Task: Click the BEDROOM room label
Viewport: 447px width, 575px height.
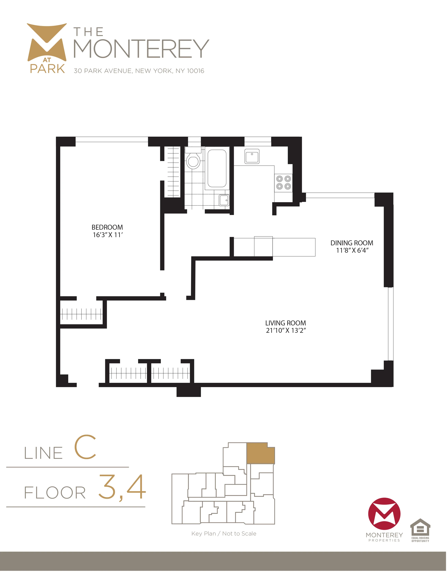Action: pyautogui.click(x=107, y=227)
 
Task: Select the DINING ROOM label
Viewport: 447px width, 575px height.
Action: pyautogui.click(x=352, y=243)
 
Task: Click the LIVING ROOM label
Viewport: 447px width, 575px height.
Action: pyautogui.click(x=285, y=323)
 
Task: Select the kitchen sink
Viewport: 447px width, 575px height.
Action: pyautogui.click(x=252, y=156)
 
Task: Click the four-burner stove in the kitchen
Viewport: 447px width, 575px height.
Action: pyautogui.click(x=283, y=182)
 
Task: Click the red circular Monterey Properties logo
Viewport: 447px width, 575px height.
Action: pyautogui.click(x=384, y=514)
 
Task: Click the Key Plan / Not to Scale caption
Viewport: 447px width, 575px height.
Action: pyautogui.click(x=224, y=534)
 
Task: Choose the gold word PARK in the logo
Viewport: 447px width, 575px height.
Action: pyautogui.click(x=47, y=69)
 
